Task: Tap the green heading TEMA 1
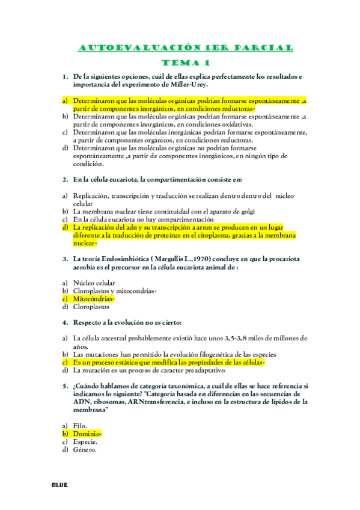[x=186, y=63]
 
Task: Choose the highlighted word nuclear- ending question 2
[x=85, y=243]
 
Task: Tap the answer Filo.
[x=80, y=425]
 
